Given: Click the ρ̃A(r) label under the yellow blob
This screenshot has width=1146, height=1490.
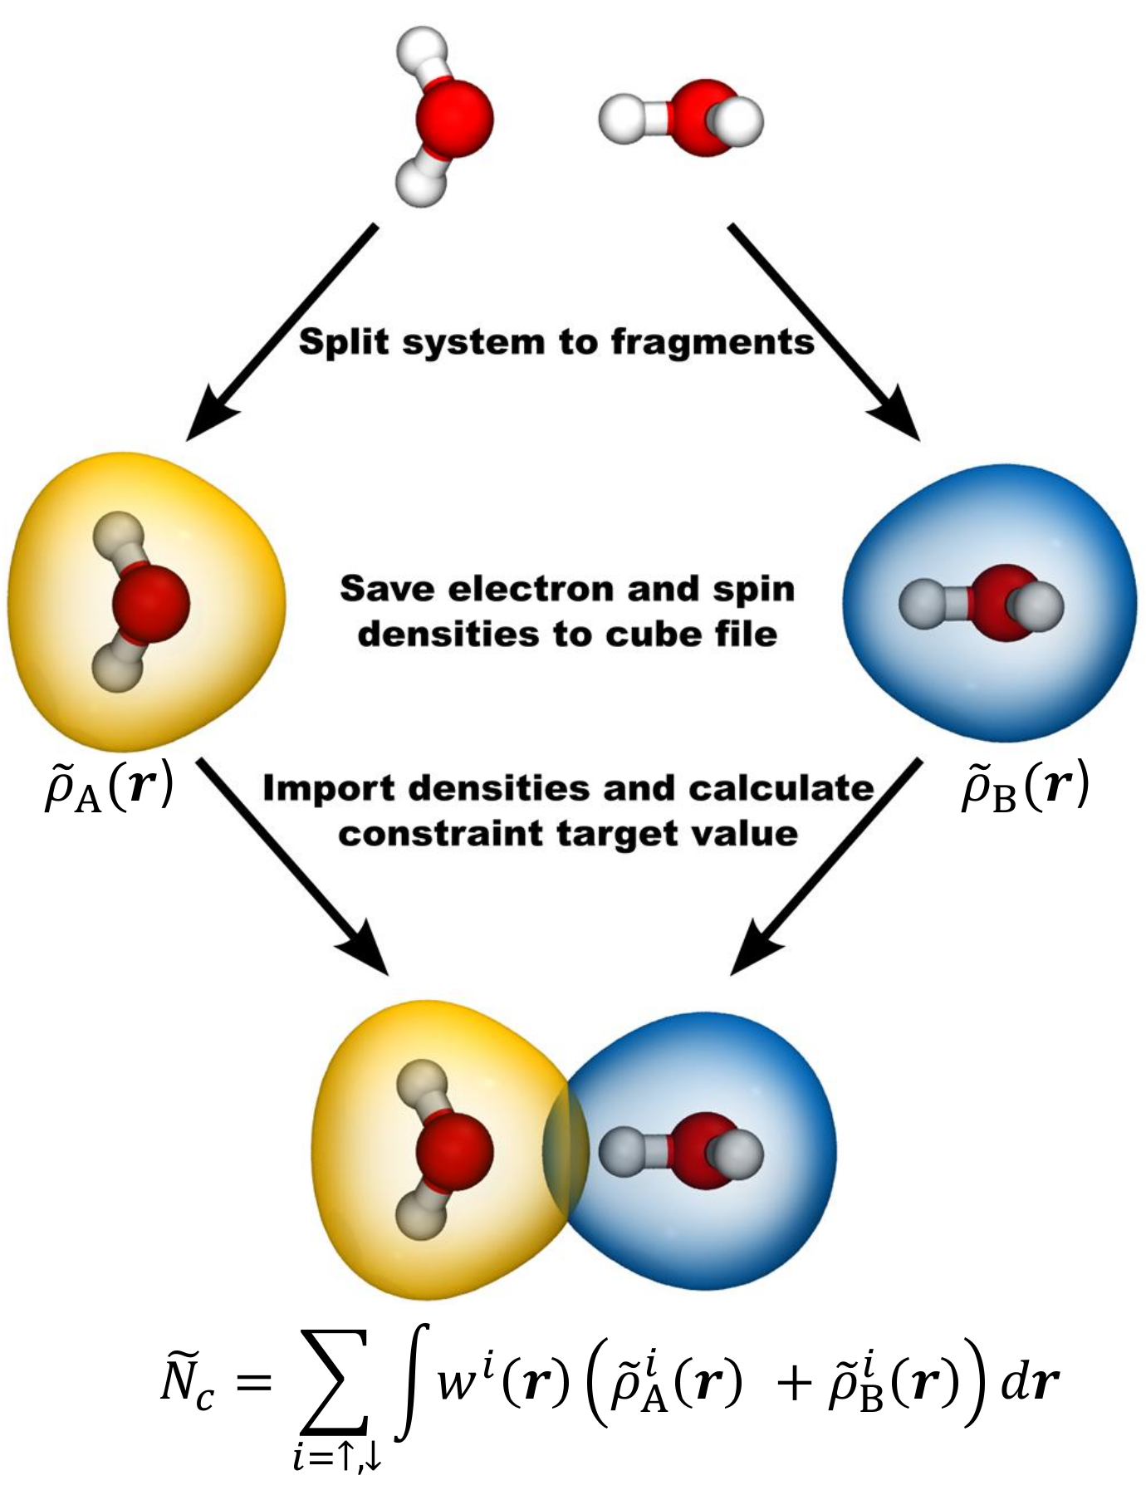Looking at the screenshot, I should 108,787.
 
